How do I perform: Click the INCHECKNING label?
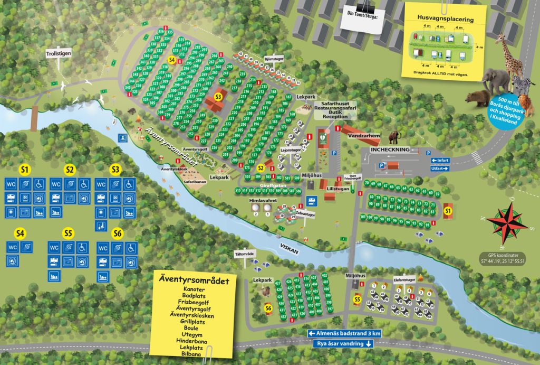coord(390,149)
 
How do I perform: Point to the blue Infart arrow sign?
coord(440,160)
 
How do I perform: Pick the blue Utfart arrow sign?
coord(440,169)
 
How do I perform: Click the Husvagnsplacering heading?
coord(445,19)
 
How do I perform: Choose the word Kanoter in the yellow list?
coord(194,290)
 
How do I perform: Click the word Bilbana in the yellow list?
coord(194,354)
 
